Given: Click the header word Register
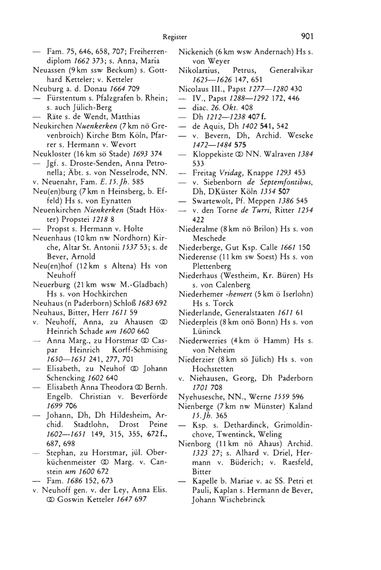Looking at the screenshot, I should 175,38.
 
